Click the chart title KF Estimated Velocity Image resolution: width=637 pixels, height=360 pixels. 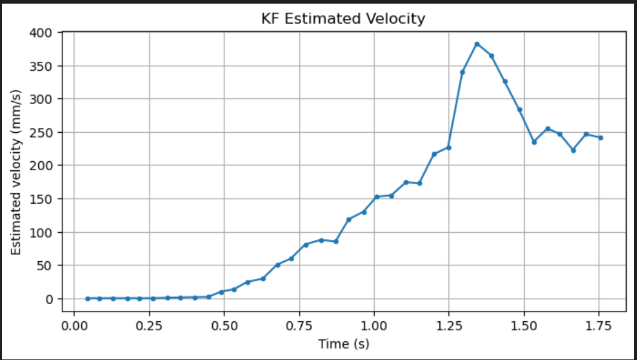(x=343, y=19)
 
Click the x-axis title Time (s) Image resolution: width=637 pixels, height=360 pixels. (x=343, y=344)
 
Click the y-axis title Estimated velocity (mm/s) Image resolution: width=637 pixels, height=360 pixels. (x=16, y=172)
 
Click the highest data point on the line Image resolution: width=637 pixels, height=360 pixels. (x=477, y=44)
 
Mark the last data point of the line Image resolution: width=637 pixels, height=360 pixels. (x=601, y=138)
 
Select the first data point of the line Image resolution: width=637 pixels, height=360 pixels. (x=87, y=298)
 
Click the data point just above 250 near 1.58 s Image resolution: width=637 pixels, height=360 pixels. (x=548, y=128)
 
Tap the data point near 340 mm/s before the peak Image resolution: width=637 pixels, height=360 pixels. (x=462, y=72)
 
